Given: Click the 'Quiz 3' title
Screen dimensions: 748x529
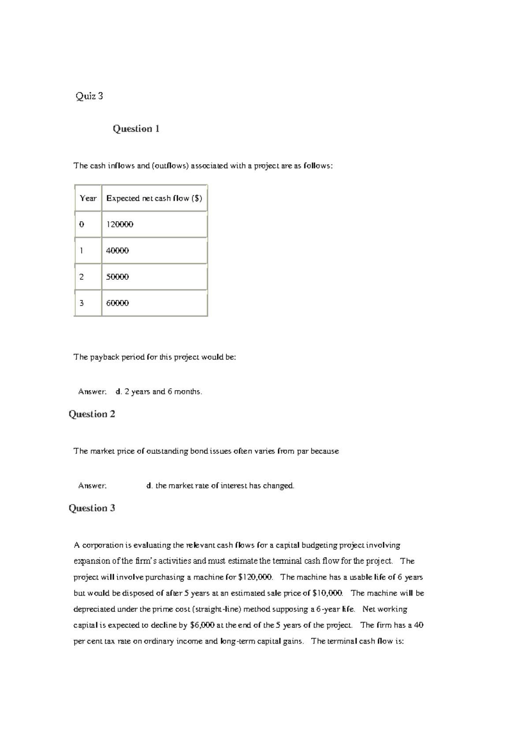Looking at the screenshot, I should (x=89, y=96).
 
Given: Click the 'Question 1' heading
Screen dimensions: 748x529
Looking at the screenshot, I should (x=136, y=129).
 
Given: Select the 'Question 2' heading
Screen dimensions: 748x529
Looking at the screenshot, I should (x=92, y=414).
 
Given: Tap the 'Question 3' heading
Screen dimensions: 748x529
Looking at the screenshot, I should (x=92, y=508).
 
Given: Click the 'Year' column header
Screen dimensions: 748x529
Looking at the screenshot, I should (x=88, y=198).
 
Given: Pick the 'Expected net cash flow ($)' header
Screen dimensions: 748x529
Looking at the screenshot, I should (x=154, y=198).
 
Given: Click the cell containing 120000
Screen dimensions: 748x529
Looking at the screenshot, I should (x=119, y=224).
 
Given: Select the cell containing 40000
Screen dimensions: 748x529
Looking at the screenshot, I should (x=118, y=251).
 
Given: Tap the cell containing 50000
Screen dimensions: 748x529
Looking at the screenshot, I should (x=118, y=277).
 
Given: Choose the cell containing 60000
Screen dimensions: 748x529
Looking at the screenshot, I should (x=118, y=303).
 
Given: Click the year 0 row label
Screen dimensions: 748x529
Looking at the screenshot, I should (x=82, y=224).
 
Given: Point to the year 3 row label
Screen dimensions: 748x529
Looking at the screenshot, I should (x=82, y=303).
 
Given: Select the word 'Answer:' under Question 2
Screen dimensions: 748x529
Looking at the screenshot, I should (x=92, y=485).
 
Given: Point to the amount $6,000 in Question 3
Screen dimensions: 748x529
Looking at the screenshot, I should (x=203, y=625).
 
